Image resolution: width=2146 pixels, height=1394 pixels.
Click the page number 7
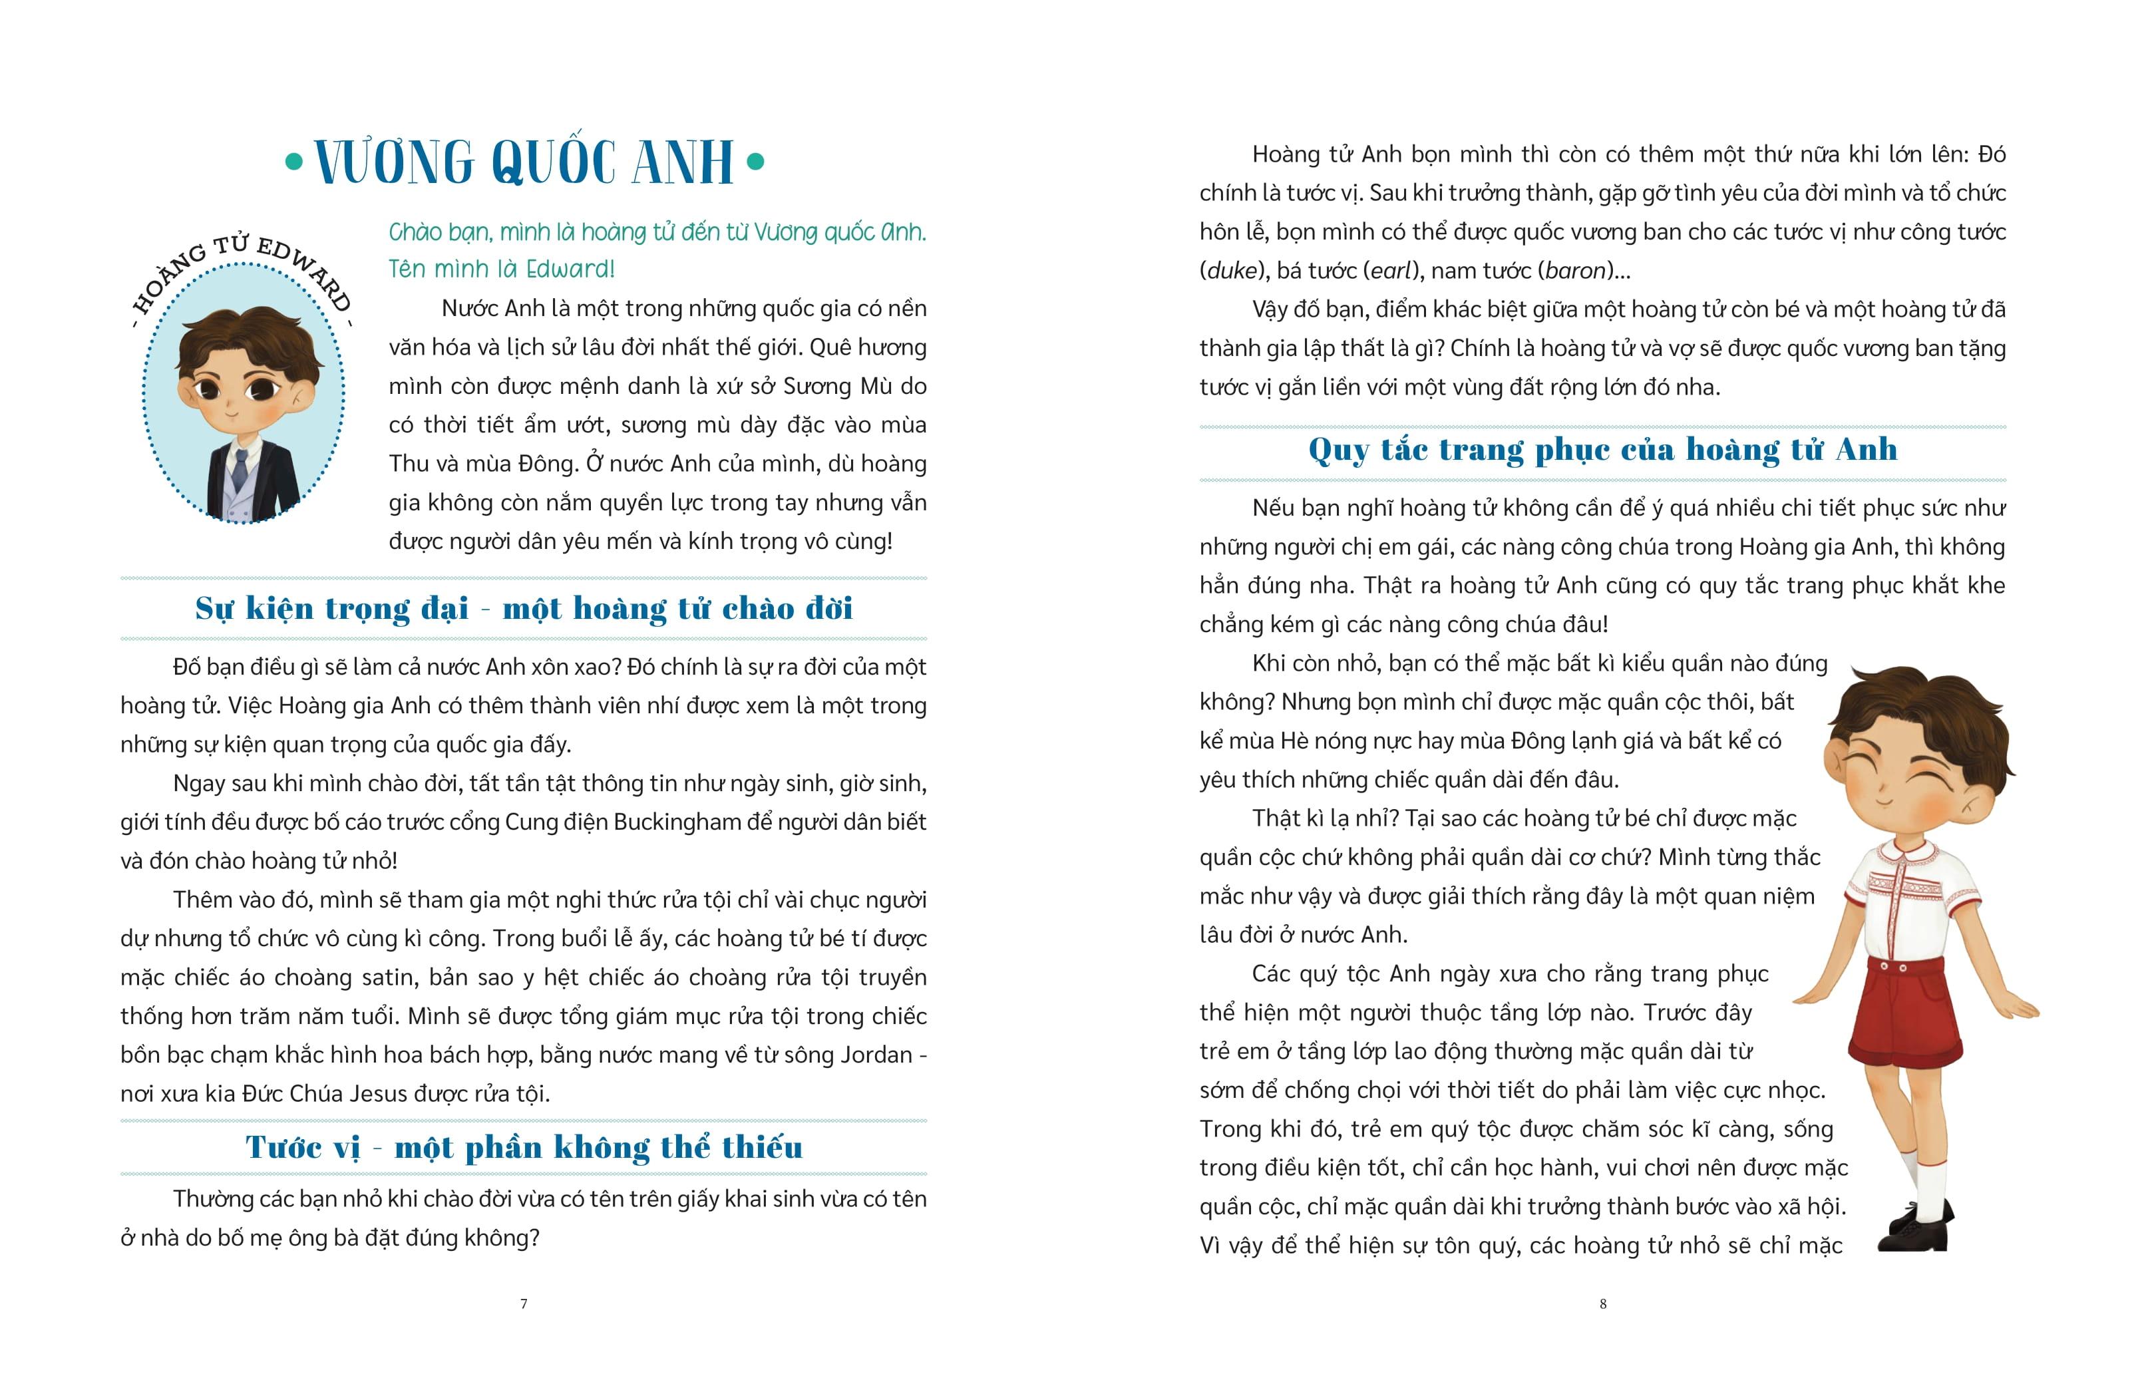(524, 1303)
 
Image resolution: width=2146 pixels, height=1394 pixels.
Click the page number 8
(1602, 1303)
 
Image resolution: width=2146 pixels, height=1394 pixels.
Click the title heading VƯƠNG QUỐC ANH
(524, 163)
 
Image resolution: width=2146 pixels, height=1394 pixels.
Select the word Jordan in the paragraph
(876, 1055)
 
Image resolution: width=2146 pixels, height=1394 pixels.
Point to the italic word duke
(1231, 271)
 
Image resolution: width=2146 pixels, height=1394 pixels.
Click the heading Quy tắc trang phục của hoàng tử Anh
(1602, 449)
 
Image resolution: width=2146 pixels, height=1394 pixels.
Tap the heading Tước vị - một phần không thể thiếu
(524, 1147)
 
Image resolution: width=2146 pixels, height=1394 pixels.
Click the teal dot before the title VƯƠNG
(293, 163)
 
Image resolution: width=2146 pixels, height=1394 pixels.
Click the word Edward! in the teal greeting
(570, 269)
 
